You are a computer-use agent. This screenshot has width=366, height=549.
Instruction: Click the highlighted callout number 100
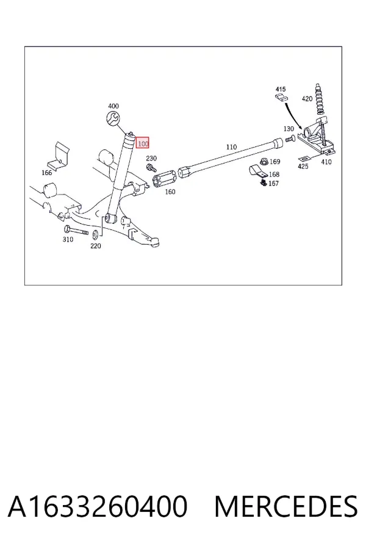(143, 143)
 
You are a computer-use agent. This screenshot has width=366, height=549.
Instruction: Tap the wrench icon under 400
(113, 118)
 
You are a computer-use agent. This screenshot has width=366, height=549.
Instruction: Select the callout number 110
(232, 147)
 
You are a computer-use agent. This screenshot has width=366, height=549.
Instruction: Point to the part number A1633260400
(98, 506)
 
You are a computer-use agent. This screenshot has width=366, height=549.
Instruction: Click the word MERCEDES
(286, 506)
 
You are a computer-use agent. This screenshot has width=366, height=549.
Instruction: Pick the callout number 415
(281, 89)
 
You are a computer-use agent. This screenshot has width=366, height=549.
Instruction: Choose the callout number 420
(307, 99)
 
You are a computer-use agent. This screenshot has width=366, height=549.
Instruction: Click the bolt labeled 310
(76, 231)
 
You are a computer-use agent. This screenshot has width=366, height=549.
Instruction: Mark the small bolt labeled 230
(151, 168)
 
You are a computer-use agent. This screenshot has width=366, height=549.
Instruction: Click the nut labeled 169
(264, 162)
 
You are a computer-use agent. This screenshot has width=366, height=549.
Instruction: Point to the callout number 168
(274, 174)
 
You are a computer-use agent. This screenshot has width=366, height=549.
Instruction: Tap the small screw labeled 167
(264, 182)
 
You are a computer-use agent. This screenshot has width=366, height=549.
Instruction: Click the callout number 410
(326, 162)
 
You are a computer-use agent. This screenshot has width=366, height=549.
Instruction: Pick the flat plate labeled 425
(304, 158)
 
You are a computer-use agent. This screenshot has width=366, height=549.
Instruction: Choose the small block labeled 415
(281, 98)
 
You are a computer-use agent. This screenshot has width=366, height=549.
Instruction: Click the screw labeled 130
(290, 139)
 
